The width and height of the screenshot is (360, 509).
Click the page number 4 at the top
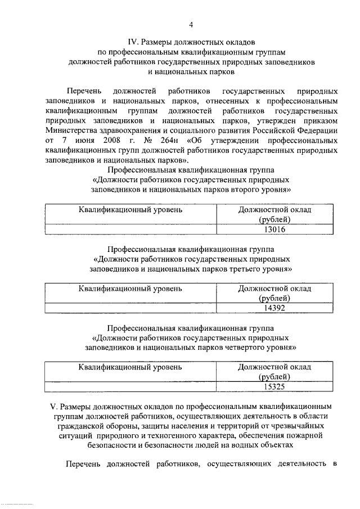coord(191,24)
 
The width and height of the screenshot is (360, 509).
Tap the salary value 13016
coord(276,229)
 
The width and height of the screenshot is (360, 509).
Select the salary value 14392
coord(276,308)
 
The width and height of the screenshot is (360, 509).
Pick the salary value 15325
coord(276,386)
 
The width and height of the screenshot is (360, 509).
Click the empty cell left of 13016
coord(130,229)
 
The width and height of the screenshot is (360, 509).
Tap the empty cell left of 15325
coord(130,386)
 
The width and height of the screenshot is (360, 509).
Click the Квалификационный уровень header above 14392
coord(130,289)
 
